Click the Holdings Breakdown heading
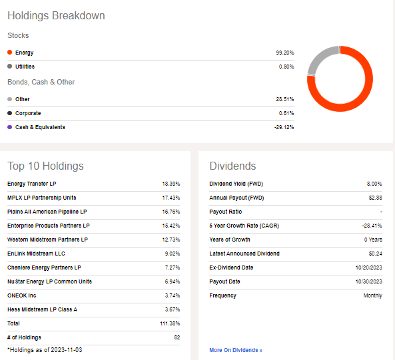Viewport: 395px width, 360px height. click(56, 15)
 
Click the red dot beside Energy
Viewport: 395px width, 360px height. click(9, 53)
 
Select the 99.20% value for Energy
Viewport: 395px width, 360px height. click(284, 53)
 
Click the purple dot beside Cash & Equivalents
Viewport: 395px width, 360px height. click(9, 127)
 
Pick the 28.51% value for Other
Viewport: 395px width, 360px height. click(284, 99)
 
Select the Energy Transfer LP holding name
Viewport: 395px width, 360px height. click(33, 184)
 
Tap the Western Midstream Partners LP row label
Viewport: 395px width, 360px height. click(47, 240)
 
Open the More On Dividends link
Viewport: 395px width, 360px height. click(236, 350)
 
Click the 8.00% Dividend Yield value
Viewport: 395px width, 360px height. click(374, 184)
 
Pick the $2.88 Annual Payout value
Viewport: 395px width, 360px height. click(375, 198)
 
